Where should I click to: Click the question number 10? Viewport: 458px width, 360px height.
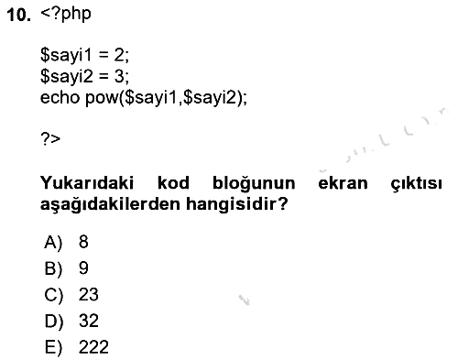click(x=19, y=15)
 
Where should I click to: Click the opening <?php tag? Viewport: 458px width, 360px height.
click(x=66, y=15)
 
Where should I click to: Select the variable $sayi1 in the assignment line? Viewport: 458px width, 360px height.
click(x=66, y=56)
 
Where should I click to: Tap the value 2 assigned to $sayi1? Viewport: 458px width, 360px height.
click(x=119, y=55)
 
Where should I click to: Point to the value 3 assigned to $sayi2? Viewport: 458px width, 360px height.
click(x=119, y=76)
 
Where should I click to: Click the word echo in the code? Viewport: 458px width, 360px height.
click(x=60, y=97)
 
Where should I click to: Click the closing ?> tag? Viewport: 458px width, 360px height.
click(x=50, y=139)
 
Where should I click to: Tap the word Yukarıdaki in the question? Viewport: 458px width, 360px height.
click(x=87, y=183)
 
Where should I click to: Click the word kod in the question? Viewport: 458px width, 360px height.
click(x=173, y=183)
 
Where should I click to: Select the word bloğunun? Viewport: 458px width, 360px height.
click(x=254, y=184)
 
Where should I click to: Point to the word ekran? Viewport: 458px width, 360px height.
click(x=343, y=183)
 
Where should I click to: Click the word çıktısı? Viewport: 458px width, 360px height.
click(x=416, y=184)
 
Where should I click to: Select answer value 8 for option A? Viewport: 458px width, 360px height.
click(x=83, y=242)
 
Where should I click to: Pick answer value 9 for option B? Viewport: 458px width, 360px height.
click(x=83, y=267)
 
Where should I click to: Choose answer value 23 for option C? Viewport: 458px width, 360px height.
click(x=89, y=294)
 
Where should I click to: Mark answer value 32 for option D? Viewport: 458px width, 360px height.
click(x=89, y=321)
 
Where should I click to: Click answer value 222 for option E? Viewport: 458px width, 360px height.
click(x=93, y=347)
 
